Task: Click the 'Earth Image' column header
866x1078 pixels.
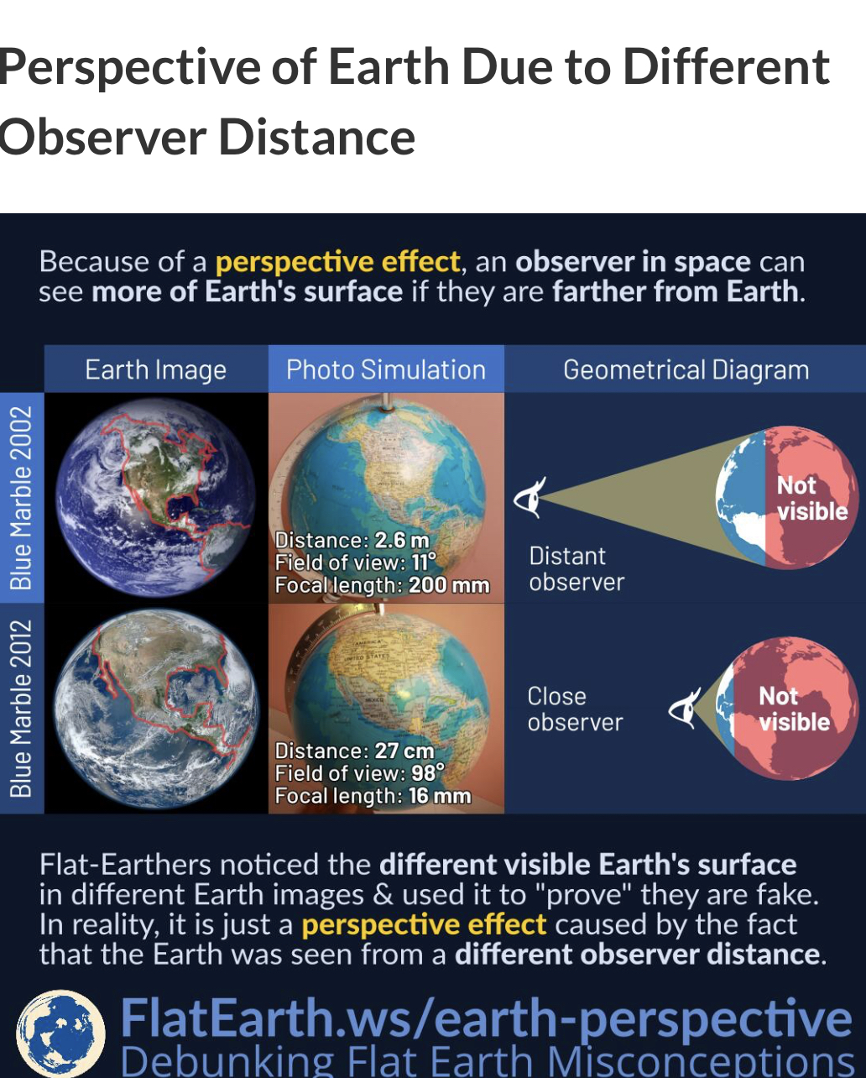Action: [x=156, y=370]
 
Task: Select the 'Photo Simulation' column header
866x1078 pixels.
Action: [x=386, y=369]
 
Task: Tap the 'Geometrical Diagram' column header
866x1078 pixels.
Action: [x=686, y=370]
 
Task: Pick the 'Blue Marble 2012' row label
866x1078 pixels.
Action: [x=21, y=709]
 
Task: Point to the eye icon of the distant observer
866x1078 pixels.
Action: [x=530, y=497]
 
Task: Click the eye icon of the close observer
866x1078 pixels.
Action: [x=685, y=709]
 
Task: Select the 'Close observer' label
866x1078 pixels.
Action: [x=575, y=709]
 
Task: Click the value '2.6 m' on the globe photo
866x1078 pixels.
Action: [x=402, y=541]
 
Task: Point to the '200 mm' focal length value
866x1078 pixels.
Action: [x=449, y=585]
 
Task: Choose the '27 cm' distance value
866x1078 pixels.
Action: [x=404, y=751]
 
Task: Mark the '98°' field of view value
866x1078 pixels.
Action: [x=428, y=773]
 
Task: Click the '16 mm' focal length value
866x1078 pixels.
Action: [x=440, y=796]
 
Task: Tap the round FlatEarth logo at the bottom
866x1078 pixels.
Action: [x=60, y=1034]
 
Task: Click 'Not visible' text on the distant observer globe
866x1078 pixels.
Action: [x=812, y=499]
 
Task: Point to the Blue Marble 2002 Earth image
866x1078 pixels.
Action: [x=156, y=497]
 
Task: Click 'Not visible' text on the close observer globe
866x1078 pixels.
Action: [x=795, y=709]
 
